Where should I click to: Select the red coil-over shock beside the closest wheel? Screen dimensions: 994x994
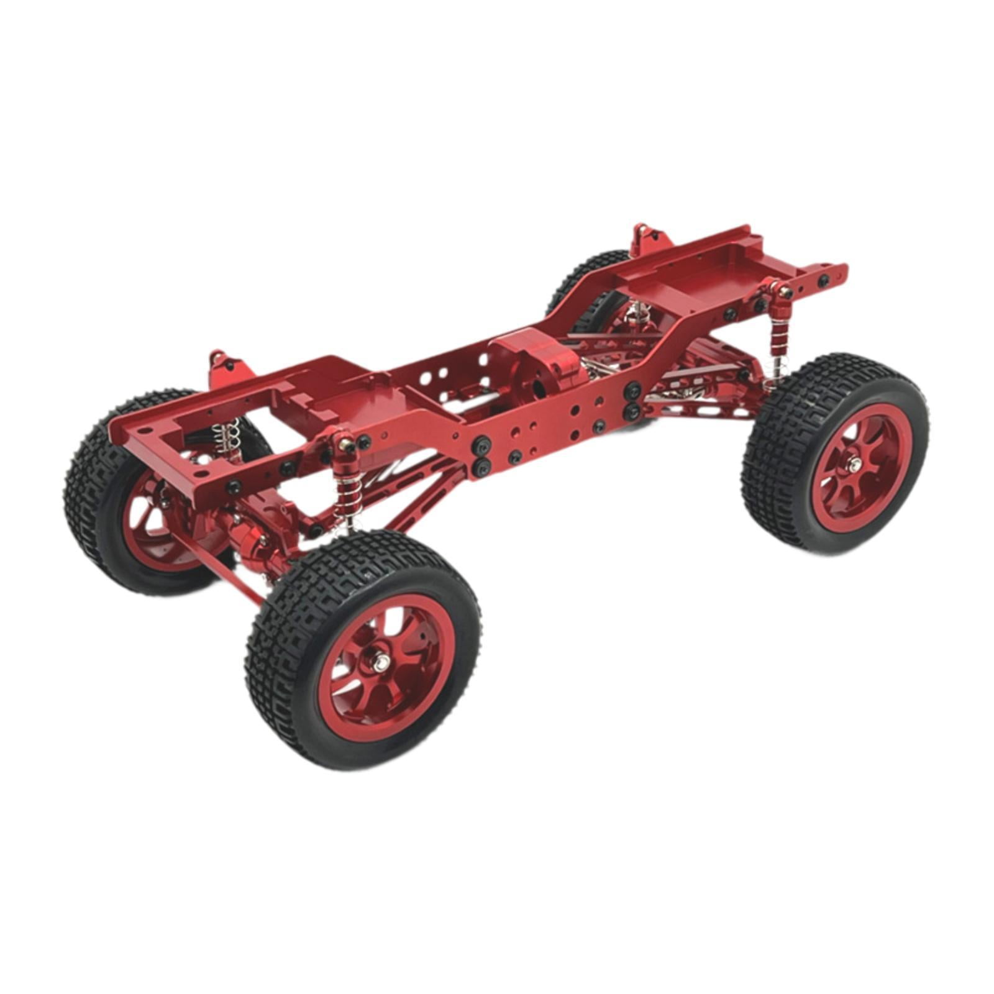tap(344, 491)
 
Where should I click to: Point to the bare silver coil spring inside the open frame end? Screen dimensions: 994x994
tap(229, 435)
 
